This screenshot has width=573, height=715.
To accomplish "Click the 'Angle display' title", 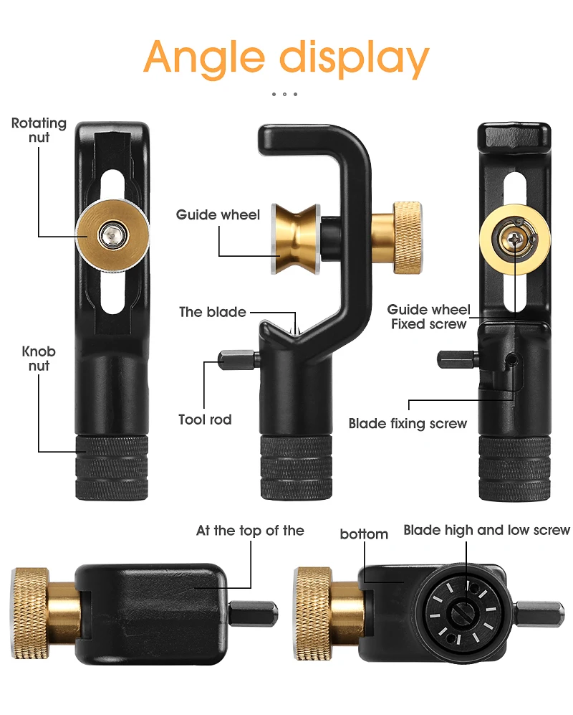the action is (x=286, y=58).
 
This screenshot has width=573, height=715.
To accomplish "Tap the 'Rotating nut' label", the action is (x=39, y=130).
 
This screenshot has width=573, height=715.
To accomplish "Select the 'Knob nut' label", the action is (x=39, y=359).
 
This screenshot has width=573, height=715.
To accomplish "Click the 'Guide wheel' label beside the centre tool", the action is (x=218, y=214).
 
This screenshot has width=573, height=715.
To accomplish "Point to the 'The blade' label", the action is (x=212, y=312).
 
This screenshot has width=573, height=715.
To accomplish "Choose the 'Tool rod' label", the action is (x=205, y=420).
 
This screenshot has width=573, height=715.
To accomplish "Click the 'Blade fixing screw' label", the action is (x=408, y=424).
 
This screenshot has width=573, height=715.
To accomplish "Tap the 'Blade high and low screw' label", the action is (x=486, y=530).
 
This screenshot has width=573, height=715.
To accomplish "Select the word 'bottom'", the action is (x=364, y=534).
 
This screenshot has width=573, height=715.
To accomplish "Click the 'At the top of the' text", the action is (x=250, y=531).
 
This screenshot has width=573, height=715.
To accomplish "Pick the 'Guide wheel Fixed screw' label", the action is (x=428, y=317).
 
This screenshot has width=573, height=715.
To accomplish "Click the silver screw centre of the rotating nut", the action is (x=112, y=235).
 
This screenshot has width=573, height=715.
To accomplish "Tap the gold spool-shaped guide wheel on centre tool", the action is (x=296, y=239).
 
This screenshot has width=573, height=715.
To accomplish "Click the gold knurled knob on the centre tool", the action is (x=408, y=237).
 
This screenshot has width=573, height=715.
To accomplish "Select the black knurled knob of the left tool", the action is (x=112, y=468).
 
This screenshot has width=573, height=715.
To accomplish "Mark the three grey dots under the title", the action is (x=284, y=95).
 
